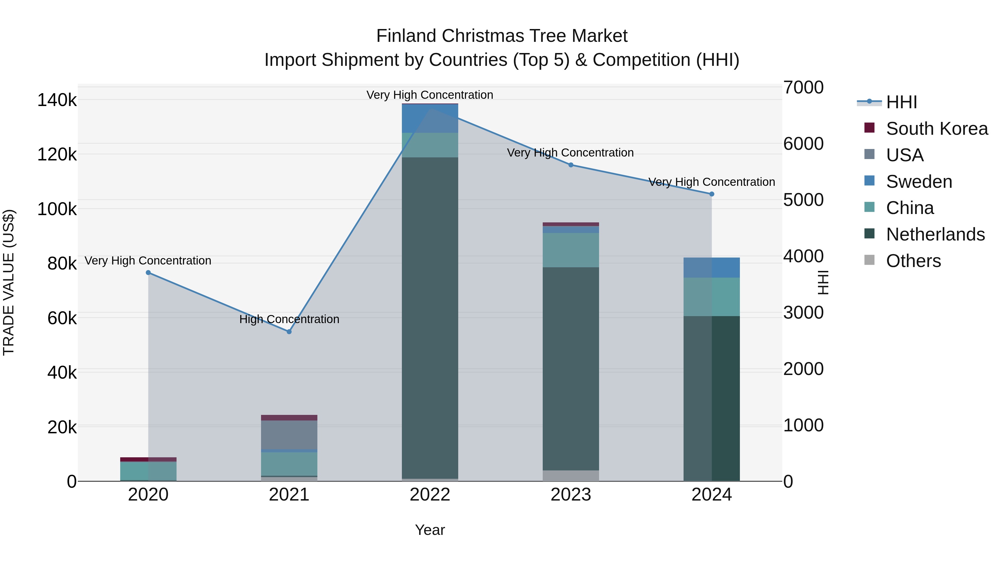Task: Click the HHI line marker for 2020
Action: [148, 273]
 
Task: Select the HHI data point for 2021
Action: [289, 332]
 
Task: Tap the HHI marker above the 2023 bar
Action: [571, 165]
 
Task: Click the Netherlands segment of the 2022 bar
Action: [430, 318]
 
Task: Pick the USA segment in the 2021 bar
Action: [289, 435]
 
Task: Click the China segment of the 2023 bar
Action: [571, 250]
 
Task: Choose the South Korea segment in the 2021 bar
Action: [289, 418]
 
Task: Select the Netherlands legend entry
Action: [935, 234]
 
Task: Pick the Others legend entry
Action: [913, 261]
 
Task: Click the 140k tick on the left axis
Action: [57, 100]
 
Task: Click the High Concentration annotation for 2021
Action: [289, 319]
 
